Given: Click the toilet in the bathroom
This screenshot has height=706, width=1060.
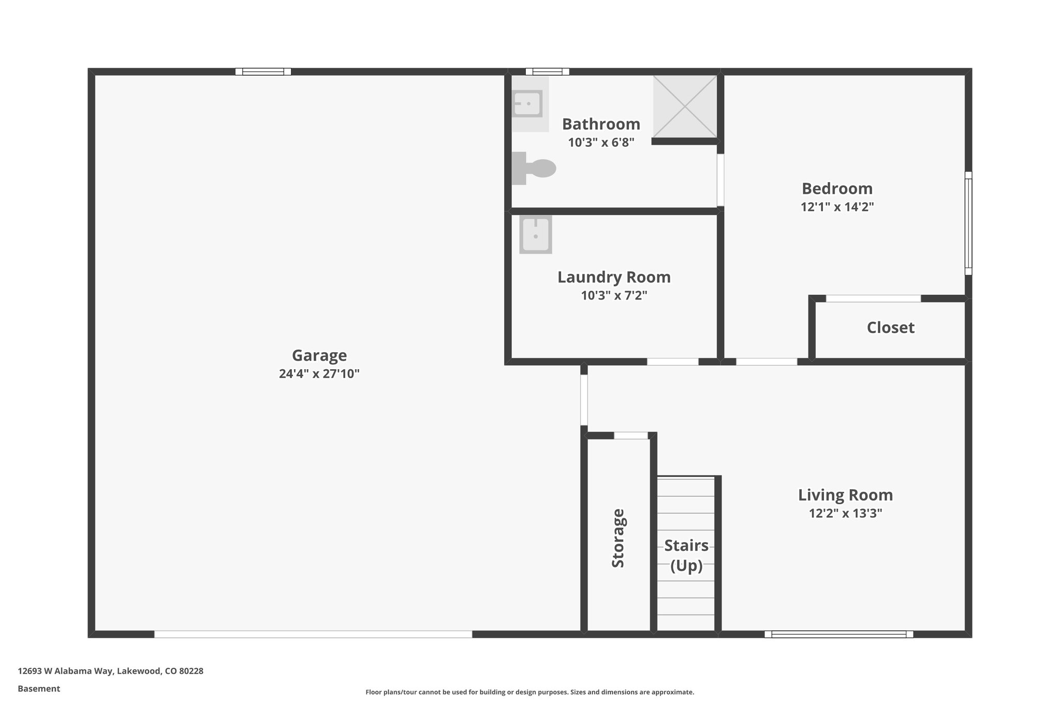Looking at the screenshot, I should pyautogui.click(x=536, y=168).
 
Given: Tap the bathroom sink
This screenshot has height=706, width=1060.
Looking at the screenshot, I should pyautogui.click(x=527, y=104).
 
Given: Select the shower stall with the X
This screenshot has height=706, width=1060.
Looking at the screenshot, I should pyautogui.click(x=685, y=107).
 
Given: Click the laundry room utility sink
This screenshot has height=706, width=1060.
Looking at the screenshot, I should pyautogui.click(x=536, y=235).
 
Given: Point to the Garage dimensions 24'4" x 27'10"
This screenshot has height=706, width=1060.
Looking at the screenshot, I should pyautogui.click(x=319, y=374).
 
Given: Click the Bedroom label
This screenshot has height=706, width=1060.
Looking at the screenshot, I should pyautogui.click(x=837, y=188).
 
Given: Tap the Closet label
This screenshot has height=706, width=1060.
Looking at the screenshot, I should pyautogui.click(x=890, y=327).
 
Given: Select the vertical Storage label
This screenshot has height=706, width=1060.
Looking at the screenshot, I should pyautogui.click(x=618, y=538).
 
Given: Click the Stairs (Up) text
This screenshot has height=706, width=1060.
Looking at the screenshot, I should pyautogui.click(x=686, y=555).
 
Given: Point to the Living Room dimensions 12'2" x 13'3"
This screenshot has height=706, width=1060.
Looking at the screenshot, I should pyautogui.click(x=845, y=514).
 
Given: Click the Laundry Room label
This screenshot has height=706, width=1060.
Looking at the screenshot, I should pyautogui.click(x=614, y=277).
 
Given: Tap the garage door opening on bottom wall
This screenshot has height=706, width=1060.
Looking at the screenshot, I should pyautogui.click(x=313, y=634).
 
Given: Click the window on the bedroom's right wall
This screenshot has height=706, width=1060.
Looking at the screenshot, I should pyautogui.click(x=968, y=223).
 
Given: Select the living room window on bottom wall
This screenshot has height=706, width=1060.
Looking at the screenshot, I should pyautogui.click(x=838, y=634).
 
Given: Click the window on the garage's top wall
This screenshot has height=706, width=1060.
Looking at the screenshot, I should pyautogui.click(x=263, y=72).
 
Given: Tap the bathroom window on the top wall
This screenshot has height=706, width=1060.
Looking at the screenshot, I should pyautogui.click(x=547, y=72).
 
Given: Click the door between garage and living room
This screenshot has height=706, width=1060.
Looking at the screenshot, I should pyautogui.click(x=584, y=399).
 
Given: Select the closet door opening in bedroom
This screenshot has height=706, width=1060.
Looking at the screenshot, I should pyautogui.click(x=873, y=298).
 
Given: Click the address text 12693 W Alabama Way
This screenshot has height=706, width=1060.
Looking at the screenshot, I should pyautogui.click(x=110, y=671).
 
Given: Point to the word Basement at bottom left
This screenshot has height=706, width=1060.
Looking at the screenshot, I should pyautogui.click(x=39, y=689).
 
